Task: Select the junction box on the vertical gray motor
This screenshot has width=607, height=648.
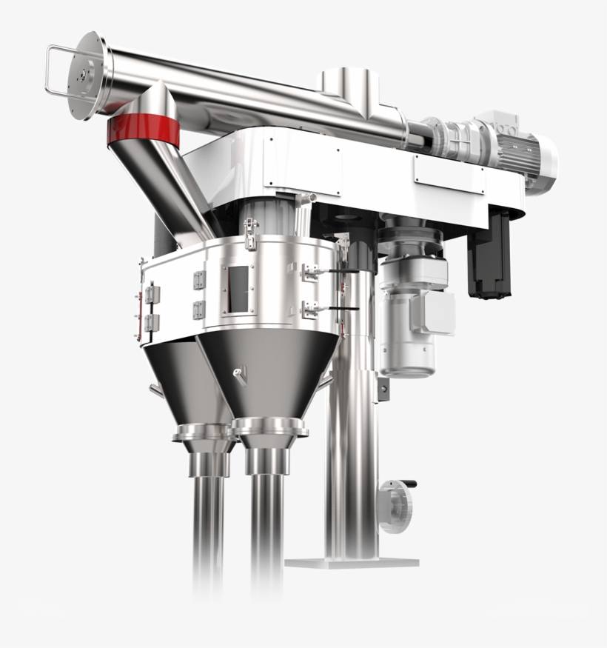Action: (437, 311)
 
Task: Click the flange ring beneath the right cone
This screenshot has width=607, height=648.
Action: (269, 428)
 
